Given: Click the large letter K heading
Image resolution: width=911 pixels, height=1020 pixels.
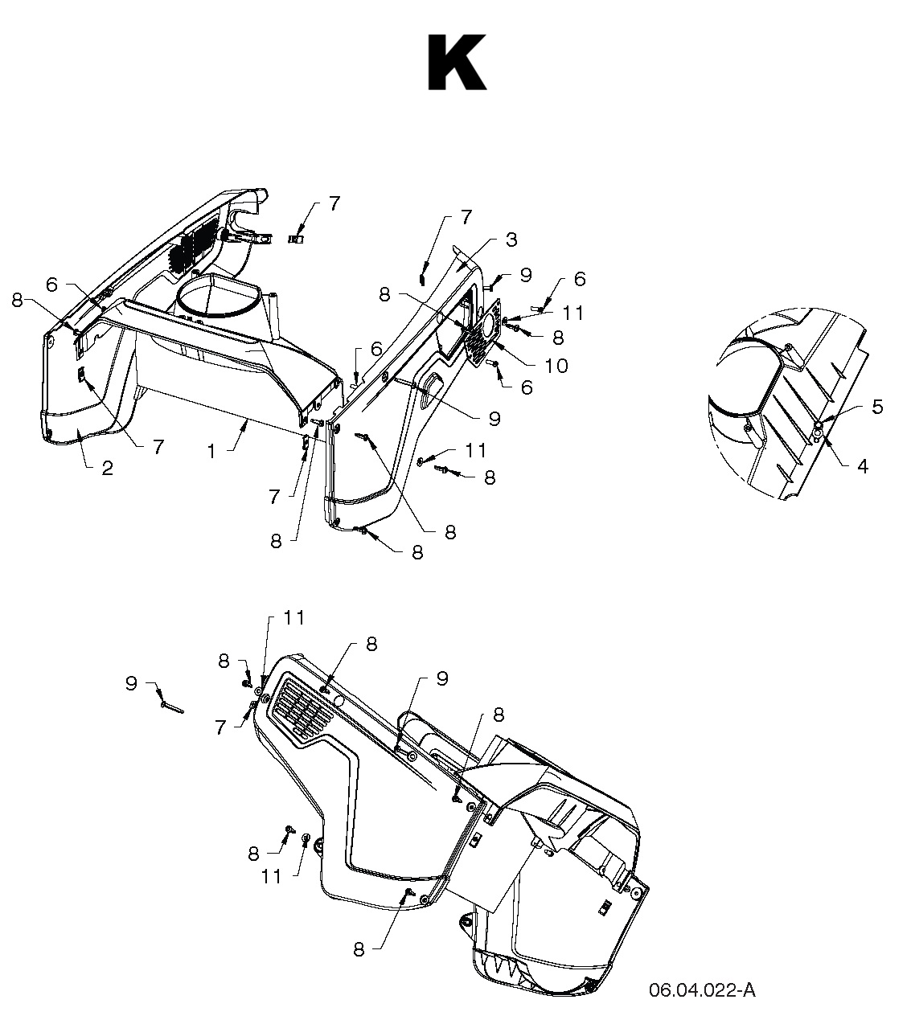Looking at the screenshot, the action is pos(457,63).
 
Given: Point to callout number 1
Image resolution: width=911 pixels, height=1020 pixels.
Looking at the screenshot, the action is pos(212,452).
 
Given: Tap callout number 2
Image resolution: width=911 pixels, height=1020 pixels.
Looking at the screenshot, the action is pos(107,469).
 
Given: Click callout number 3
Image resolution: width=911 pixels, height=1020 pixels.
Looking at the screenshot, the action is pos(511,240).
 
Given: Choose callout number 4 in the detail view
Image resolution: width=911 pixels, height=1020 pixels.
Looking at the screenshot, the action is pos(863,466).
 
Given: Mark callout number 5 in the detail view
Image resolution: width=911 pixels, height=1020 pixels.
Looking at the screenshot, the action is pos(877,407).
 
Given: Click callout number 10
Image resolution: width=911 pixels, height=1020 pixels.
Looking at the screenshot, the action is pos(556,366).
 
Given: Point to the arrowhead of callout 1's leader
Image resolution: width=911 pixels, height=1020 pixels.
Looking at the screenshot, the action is pos(246,424).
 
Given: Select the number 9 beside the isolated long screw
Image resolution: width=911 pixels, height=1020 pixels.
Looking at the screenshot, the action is pos(131,683).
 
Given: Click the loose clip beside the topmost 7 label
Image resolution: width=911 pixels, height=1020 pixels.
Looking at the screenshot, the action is pos(297,238).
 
